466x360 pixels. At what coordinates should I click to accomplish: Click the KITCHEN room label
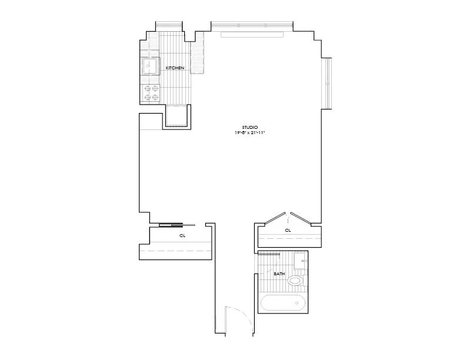pos(175,68)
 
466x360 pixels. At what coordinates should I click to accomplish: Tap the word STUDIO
pos(250,127)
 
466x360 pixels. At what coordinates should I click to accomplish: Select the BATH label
pos(279,274)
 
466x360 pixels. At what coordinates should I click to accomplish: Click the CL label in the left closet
pos(182,235)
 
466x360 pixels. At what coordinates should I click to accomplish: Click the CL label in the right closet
pos(288,231)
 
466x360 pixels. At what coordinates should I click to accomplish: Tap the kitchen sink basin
pos(150,66)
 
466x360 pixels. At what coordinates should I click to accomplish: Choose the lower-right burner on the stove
pos(155,97)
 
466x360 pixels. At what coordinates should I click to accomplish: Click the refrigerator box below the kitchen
pos(177,115)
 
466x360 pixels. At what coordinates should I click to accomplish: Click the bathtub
pos(284,304)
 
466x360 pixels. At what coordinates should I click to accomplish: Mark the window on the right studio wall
pos(327,83)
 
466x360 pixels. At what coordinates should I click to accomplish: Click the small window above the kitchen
pos(168,25)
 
